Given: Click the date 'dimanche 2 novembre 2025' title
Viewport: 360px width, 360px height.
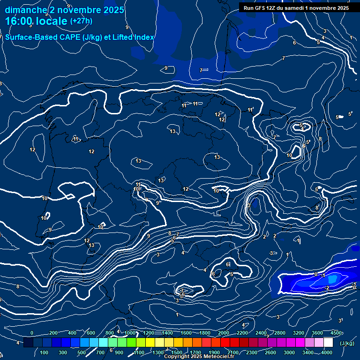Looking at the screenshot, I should tap(64, 10).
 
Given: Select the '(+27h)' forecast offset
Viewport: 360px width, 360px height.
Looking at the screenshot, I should tap(81, 21).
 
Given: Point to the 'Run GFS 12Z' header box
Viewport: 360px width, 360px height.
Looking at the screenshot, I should tap(294, 8).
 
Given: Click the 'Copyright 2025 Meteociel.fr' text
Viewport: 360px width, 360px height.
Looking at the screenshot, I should tap(199, 357).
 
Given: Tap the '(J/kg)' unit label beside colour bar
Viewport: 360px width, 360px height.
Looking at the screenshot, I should tap(347, 344).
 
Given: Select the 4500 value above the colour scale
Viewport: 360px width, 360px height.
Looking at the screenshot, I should tap(336, 333).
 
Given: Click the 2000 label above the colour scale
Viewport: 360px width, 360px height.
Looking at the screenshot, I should tap(224, 333).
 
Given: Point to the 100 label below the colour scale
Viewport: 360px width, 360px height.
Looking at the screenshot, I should tap(45, 352).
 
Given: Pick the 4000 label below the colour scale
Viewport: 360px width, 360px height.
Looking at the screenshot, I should tap(327, 352).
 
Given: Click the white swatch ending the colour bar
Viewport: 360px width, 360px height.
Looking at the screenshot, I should tap(328, 343).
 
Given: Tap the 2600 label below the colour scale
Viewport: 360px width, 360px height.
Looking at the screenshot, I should tap(270, 352).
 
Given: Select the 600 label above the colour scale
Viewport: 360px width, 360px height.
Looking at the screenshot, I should tap(91, 333).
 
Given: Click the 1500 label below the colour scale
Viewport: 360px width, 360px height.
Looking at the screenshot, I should tap(177, 352).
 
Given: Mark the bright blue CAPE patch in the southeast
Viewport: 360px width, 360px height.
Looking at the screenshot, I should tap(332, 279).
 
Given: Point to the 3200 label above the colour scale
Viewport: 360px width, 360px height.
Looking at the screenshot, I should tap(299, 333).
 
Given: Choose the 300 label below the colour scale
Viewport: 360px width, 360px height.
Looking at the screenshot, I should tap(63, 352).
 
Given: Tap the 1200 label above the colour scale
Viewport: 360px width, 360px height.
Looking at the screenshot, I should tap(148, 333).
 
